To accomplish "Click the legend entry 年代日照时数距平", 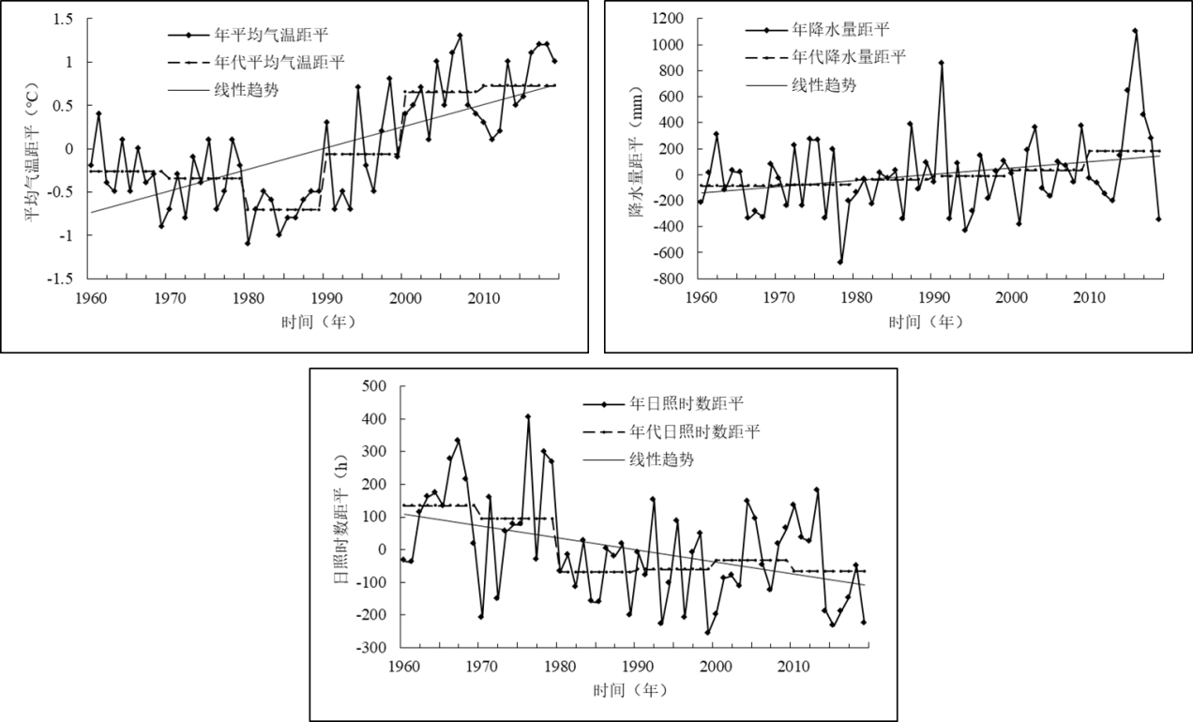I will point(696,432).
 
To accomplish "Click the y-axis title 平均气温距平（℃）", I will point(34,148).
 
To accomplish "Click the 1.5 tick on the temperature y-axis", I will point(66,19).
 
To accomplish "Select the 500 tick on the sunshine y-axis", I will point(376,386).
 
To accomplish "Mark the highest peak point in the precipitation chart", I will point(1135,31).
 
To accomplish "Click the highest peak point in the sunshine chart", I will point(528,416).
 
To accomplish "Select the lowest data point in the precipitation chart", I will point(840,262).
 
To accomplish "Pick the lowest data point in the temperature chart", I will point(248,243).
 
